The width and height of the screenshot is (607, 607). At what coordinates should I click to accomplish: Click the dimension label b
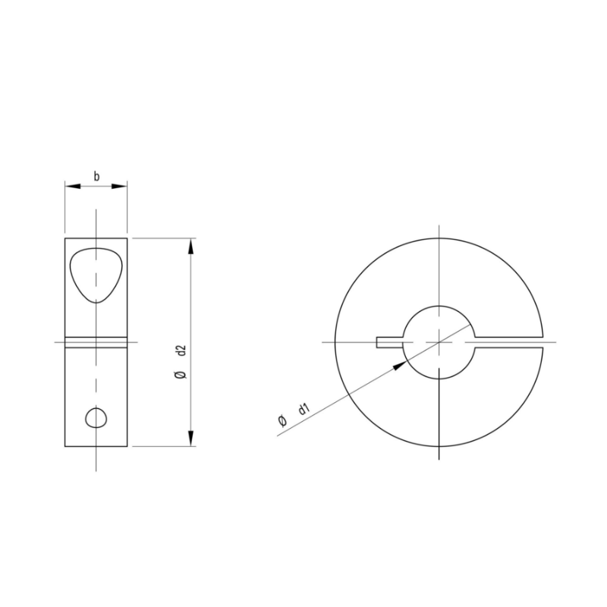pos(96,176)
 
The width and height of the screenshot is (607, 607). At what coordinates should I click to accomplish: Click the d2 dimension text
pos(181,351)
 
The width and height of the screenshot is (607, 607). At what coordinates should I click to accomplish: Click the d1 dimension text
pos(303,410)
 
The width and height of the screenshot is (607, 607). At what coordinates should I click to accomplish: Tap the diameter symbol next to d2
pos(181,376)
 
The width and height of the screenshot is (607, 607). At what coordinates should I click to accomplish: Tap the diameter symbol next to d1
pos(282,422)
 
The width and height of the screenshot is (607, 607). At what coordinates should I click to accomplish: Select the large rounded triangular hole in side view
pos(95,273)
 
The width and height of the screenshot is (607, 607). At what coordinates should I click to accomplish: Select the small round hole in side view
pos(96,417)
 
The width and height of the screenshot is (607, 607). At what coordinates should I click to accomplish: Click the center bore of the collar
pos(439,342)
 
